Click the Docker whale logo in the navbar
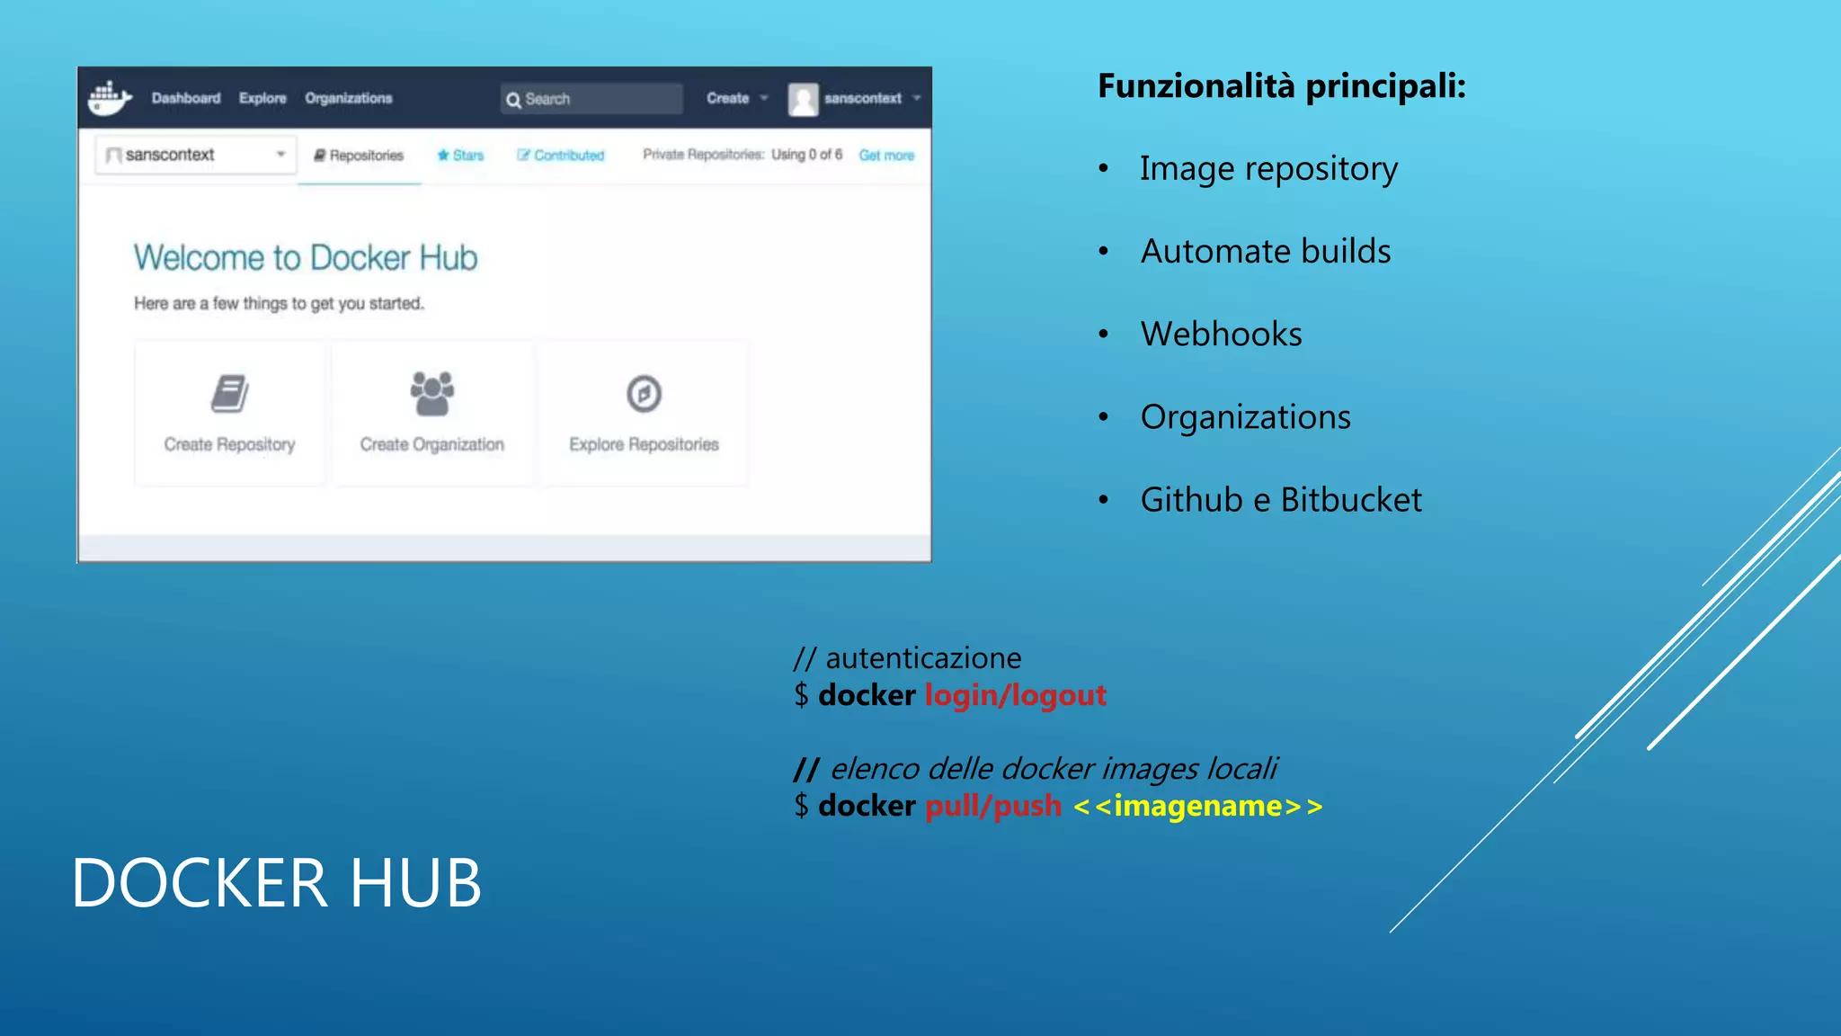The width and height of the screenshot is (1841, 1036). click(110, 98)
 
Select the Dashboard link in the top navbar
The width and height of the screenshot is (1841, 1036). click(186, 98)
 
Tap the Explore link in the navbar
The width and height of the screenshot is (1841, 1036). click(262, 98)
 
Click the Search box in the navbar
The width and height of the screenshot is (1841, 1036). click(591, 99)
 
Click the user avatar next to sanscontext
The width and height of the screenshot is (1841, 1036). click(803, 99)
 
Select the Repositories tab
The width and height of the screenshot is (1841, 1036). click(359, 156)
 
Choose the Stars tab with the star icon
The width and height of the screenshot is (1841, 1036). click(460, 156)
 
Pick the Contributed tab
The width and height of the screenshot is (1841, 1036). click(561, 156)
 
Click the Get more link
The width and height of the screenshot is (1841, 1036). click(886, 156)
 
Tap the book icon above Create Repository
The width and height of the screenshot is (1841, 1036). click(230, 394)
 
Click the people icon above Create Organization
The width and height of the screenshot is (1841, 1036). click(432, 394)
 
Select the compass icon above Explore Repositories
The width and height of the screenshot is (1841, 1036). click(644, 394)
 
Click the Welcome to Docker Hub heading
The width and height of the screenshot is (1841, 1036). click(306, 258)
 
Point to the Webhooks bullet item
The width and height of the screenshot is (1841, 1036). click(1221, 335)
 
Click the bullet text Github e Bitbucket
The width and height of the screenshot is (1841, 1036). click(1281, 500)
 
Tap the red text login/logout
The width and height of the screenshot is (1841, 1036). click(1016, 695)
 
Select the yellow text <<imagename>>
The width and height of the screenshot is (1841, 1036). click(1198, 806)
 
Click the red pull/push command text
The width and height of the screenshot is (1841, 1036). click(993, 806)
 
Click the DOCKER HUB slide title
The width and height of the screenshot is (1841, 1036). click(277, 883)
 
